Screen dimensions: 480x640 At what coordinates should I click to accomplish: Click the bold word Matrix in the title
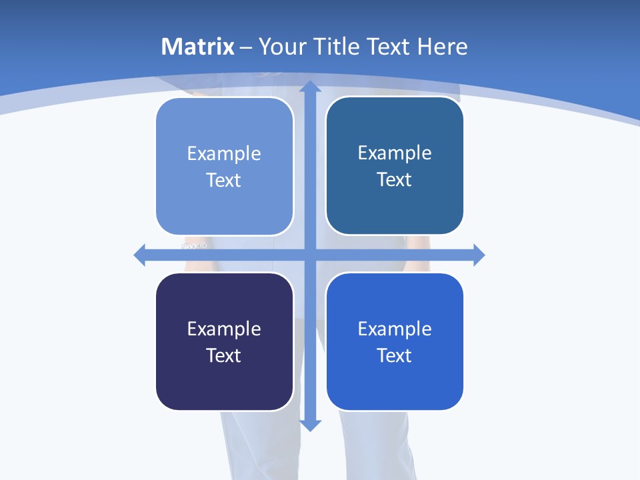pyautogui.click(x=198, y=47)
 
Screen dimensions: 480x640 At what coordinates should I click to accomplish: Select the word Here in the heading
pyautogui.click(x=442, y=47)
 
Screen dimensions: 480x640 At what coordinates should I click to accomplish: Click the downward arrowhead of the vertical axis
pyautogui.click(x=311, y=425)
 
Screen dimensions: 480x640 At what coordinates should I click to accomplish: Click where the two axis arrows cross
pyautogui.click(x=311, y=255)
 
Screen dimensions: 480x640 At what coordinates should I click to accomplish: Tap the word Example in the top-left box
pyautogui.click(x=224, y=154)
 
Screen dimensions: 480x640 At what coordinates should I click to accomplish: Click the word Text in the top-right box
pyautogui.click(x=394, y=180)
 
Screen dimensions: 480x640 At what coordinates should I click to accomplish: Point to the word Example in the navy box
pyautogui.click(x=224, y=329)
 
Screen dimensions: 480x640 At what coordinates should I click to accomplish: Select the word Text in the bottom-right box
pyautogui.click(x=394, y=356)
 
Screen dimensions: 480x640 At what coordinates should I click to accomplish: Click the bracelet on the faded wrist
pyautogui.click(x=195, y=246)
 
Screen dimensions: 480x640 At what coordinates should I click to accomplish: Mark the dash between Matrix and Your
pyautogui.click(x=246, y=47)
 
